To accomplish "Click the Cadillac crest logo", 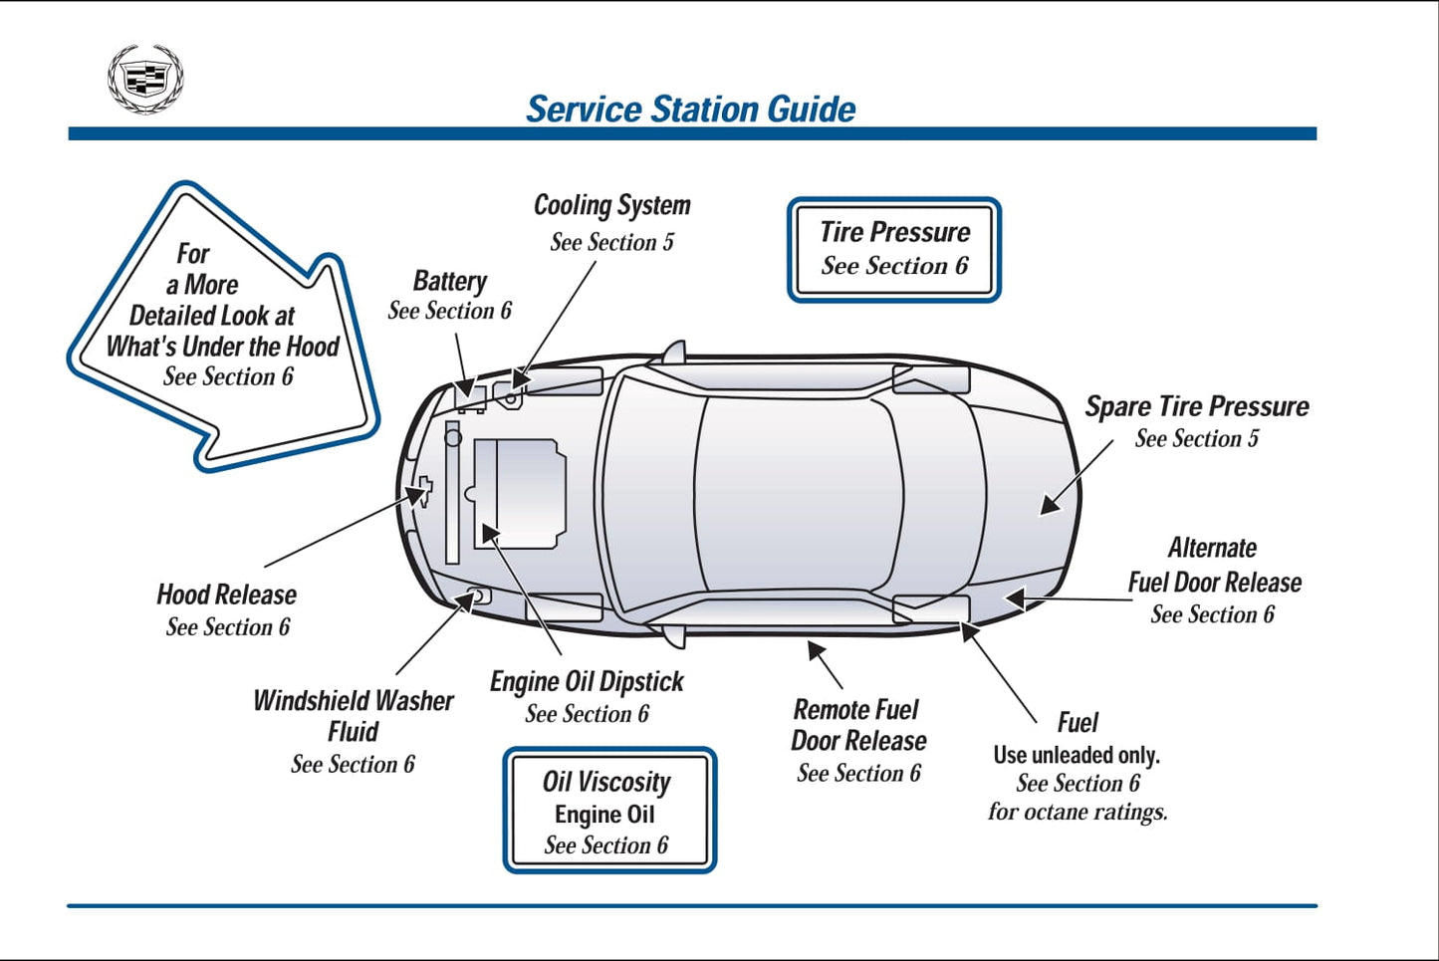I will pyautogui.click(x=145, y=79).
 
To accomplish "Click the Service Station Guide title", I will pyautogui.click(x=690, y=109).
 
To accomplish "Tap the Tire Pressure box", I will pyautogui.click(x=894, y=249).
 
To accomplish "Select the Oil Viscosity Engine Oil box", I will pyautogui.click(x=609, y=811).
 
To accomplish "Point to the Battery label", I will pyautogui.click(x=450, y=282).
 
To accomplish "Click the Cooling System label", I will pyautogui.click(x=611, y=206).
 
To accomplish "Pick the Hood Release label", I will pyautogui.click(x=226, y=596).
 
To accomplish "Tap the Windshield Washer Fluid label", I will pyautogui.click(x=353, y=716).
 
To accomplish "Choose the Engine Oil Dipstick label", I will pyautogui.click(x=587, y=682).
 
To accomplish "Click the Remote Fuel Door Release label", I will pyautogui.click(x=858, y=725).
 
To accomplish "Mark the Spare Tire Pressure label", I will pyautogui.click(x=1196, y=406).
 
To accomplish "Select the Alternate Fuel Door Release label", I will pyautogui.click(x=1214, y=566).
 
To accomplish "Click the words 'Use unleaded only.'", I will pyautogui.click(x=1077, y=755).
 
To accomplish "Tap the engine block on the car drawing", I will pyautogui.click(x=519, y=494).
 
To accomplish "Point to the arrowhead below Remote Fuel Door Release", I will pyautogui.click(x=817, y=652).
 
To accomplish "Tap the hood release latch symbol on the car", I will pyautogui.click(x=424, y=490).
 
